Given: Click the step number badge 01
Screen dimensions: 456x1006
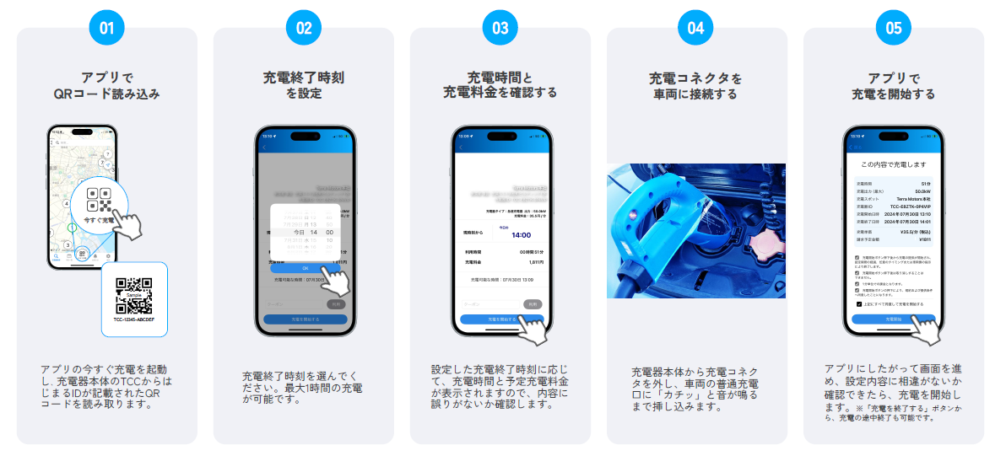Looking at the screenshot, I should pyautogui.click(x=106, y=28).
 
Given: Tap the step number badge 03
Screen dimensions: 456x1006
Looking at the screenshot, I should pyautogui.click(x=500, y=28).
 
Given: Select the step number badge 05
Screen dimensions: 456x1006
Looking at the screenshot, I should pyautogui.click(x=893, y=28).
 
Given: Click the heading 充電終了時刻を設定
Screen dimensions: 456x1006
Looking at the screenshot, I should pyautogui.click(x=304, y=85).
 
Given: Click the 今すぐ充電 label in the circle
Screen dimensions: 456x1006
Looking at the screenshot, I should pyautogui.click(x=100, y=219).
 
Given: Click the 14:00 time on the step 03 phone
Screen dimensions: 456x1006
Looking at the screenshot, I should pyautogui.click(x=521, y=235).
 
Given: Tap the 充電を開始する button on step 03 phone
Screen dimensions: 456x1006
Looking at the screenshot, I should pyautogui.click(x=501, y=319).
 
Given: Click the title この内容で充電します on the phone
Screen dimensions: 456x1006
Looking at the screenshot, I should pyautogui.click(x=893, y=164).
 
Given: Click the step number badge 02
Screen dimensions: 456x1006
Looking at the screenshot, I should pyautogui.click(x=304, y=28).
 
